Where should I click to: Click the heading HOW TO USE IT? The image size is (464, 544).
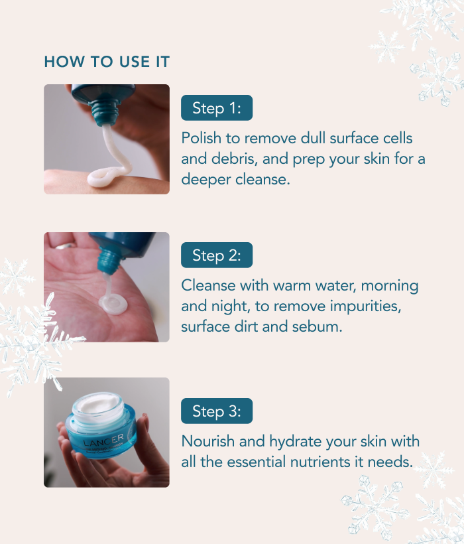coord(107,62)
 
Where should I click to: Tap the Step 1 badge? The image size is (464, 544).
coord(216,108)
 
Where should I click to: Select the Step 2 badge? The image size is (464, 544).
coord(216,255)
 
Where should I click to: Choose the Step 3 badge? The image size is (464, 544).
coord(216,411)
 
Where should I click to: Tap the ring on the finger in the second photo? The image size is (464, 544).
coord(65,247)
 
